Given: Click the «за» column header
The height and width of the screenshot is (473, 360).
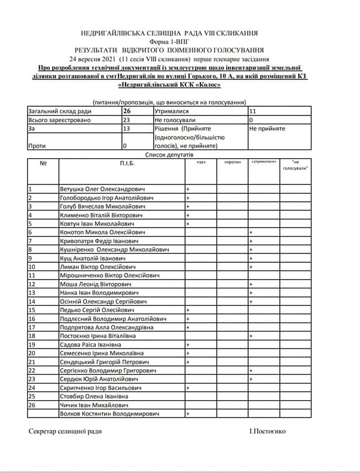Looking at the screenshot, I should point(200,162).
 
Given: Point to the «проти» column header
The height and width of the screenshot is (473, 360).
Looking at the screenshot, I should point(232,162).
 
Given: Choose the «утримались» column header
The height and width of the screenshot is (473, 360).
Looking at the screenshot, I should point(263,162).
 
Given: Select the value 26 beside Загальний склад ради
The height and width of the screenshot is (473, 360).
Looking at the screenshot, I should point(127,111).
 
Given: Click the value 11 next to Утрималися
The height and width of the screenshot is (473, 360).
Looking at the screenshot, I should point(254,111).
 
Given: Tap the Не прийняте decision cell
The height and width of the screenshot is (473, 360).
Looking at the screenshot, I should point(267,129).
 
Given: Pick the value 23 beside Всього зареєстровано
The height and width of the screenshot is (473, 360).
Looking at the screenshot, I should point(127,120).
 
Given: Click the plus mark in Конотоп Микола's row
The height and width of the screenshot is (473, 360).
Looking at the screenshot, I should point(251,232).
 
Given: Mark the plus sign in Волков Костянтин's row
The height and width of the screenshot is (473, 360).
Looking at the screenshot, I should point(188,414).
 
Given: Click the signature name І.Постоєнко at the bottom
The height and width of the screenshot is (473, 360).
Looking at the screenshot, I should point(267,431).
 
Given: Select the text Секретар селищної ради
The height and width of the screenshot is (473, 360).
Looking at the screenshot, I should point(65,431).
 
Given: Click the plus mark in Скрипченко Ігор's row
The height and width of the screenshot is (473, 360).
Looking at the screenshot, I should point(188,388).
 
